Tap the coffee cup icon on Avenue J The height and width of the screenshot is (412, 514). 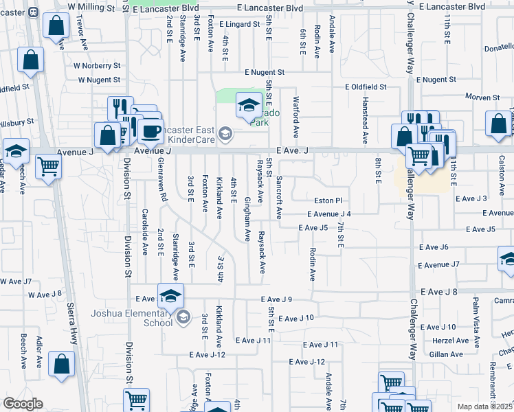coord(151,130)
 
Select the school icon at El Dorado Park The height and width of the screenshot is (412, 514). coord(247,105)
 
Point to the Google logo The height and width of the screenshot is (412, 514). coord(23,404)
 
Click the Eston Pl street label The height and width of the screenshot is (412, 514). coord(328,201)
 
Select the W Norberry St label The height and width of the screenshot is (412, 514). coord(98,67)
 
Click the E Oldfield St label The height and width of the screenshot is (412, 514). coord(366,87)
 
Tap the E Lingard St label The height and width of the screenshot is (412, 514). coord(244,24)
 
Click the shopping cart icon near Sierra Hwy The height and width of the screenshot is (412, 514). coord(49,165)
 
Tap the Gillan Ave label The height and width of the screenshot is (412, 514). coord(447,354)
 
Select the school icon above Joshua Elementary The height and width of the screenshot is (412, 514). coord(170,297)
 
